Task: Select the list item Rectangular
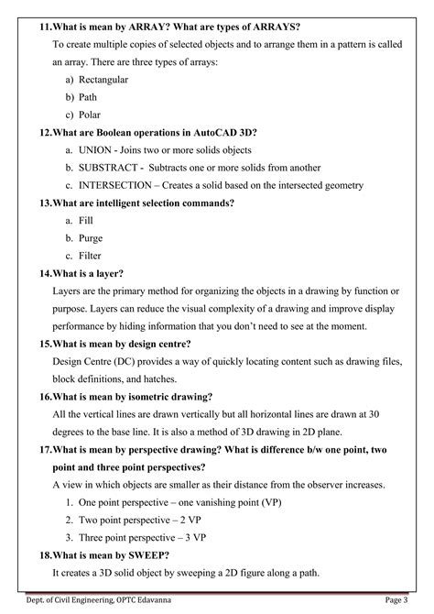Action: [103, 79]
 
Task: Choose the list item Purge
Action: [92, 237]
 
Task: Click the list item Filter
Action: [91, 255]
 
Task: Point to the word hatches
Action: [168, 379]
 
